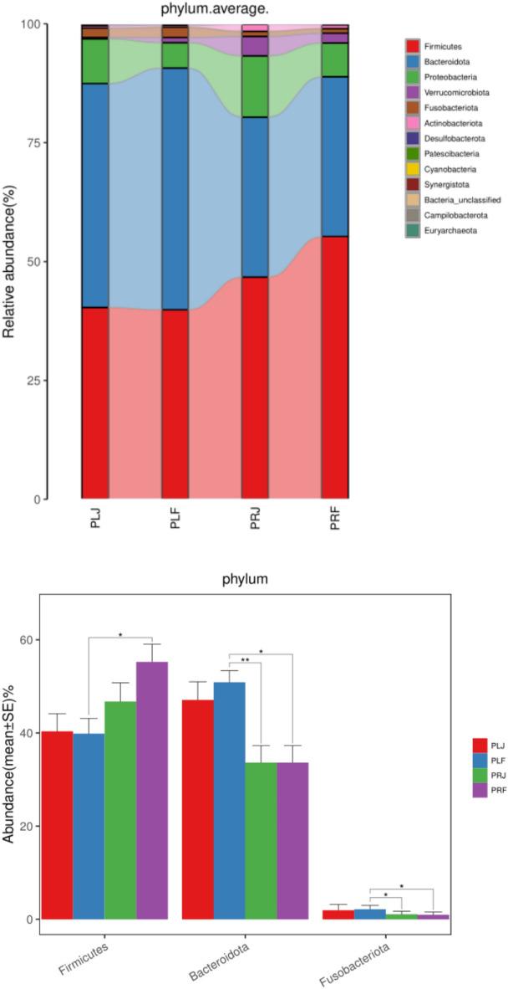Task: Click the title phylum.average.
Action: click(201, 10)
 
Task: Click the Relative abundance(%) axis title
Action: click(10, 261)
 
